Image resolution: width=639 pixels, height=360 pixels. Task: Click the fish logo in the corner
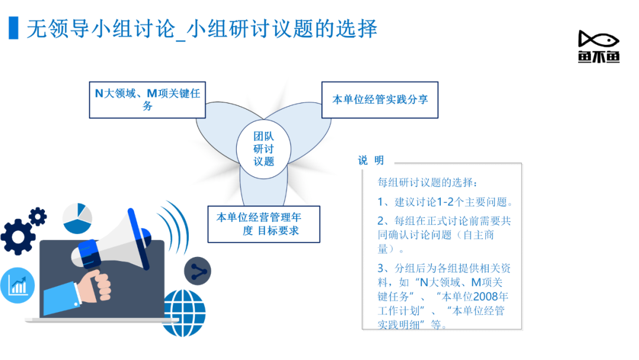point(599,46)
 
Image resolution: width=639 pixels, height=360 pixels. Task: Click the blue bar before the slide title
point(14,28)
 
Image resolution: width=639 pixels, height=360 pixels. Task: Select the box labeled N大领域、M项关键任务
point(147,100)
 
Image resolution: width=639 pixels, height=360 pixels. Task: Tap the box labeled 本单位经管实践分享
point(380,100)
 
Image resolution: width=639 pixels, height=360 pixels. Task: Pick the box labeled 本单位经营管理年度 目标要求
point(264,224)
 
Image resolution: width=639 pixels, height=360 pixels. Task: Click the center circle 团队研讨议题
point(264,149)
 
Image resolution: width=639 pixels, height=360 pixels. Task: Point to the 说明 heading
point(371,160)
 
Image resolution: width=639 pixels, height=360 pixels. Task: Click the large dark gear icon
point(17,237)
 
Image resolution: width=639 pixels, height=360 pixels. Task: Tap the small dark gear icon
point(38,217)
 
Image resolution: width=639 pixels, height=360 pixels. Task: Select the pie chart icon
point(77,218)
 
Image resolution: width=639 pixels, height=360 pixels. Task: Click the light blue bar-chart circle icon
point(17,285)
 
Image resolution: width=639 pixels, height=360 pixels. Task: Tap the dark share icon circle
point(198,271)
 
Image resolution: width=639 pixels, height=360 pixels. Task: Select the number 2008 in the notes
point(485,297)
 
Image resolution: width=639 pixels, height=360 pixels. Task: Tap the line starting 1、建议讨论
point(445,202)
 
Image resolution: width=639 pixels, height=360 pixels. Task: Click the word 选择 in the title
point(357,28)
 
